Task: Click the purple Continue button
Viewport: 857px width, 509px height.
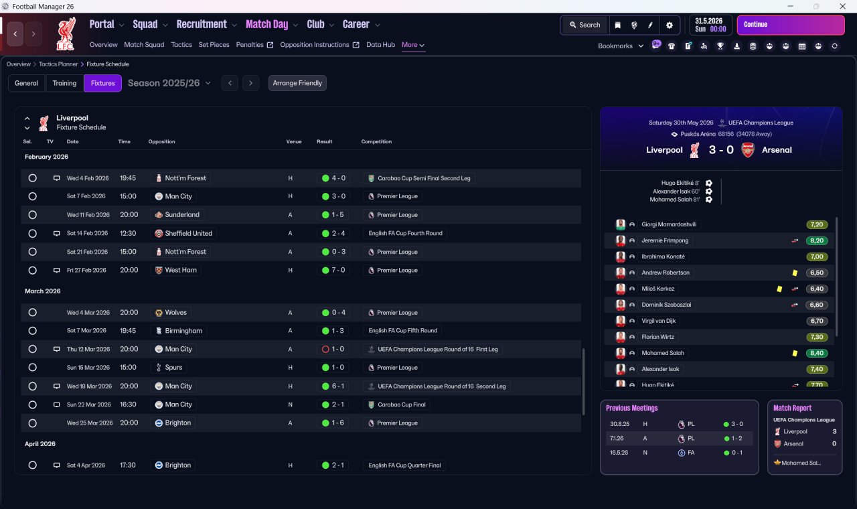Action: point(791,25)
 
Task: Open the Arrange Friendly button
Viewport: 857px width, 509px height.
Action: point(297,83)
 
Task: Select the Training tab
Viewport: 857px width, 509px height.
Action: point(64,83)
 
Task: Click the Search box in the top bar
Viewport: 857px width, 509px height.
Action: point(585,25)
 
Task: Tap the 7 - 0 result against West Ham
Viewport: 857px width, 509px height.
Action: point(333,270)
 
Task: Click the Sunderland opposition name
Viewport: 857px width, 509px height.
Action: point(181,215)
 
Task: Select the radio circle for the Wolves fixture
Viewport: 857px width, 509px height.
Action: point(33,313)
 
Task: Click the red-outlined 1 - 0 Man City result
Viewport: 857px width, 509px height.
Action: point(333,349)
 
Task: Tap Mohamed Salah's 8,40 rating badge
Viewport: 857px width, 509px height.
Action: point(816,353)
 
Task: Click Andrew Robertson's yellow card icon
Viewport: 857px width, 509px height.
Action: point(795,273)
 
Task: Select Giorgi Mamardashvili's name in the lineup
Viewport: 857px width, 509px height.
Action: point(669,224)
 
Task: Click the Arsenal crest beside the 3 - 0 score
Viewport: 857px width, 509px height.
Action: point(748,150)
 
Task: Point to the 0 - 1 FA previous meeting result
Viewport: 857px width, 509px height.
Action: point(733,453)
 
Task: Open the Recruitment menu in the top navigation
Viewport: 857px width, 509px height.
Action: point(202,25)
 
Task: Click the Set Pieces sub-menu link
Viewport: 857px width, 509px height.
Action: point(214,45)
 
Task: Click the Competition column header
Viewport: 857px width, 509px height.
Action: point(376,141)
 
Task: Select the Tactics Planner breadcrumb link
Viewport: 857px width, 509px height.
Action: point(58,64)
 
